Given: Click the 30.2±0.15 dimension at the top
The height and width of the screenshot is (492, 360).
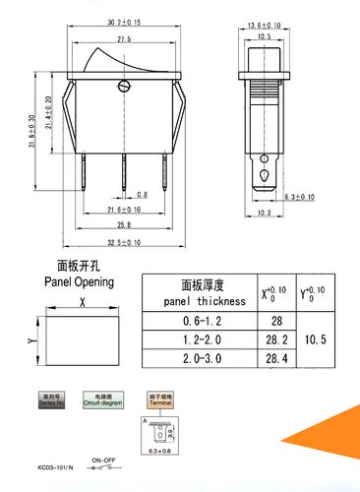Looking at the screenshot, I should click(123, 20).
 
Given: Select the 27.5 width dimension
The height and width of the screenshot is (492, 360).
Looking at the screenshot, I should click(123, 38).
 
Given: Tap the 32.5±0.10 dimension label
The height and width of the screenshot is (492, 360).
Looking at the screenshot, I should click(123, 242).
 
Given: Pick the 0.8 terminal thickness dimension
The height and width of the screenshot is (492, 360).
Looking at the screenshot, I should click(142, 195).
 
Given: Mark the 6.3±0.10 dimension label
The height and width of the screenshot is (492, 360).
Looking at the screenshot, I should click(301, 197).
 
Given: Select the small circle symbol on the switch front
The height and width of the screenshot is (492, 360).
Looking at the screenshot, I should click(123, 89).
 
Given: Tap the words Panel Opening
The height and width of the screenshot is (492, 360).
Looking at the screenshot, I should click(82, 281).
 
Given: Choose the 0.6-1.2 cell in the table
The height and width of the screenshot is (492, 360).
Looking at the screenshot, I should click(200, 322).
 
